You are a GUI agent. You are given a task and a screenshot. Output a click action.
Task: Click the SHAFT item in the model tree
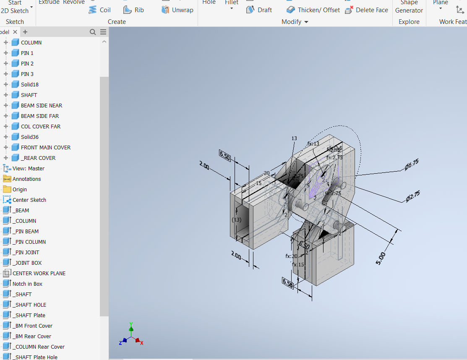[29, 95]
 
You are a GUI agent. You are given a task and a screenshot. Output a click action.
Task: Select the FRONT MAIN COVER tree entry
[45, 147]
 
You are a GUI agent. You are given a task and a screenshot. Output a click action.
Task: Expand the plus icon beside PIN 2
[6, 63]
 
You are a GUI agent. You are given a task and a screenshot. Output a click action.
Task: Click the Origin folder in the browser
[19, 189]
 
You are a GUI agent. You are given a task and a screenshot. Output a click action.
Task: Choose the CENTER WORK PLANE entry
[39, 273]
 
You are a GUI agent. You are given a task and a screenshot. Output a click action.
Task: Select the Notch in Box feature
[27, 284]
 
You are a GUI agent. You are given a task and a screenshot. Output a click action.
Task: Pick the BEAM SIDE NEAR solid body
[41, 105]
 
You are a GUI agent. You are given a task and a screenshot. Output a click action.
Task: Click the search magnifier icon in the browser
[93, 32]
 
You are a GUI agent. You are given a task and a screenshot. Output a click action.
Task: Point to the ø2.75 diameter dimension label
[413, 196]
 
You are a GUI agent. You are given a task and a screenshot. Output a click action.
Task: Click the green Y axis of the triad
[131, 325]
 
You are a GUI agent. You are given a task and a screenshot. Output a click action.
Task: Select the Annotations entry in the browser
[26, 179]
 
